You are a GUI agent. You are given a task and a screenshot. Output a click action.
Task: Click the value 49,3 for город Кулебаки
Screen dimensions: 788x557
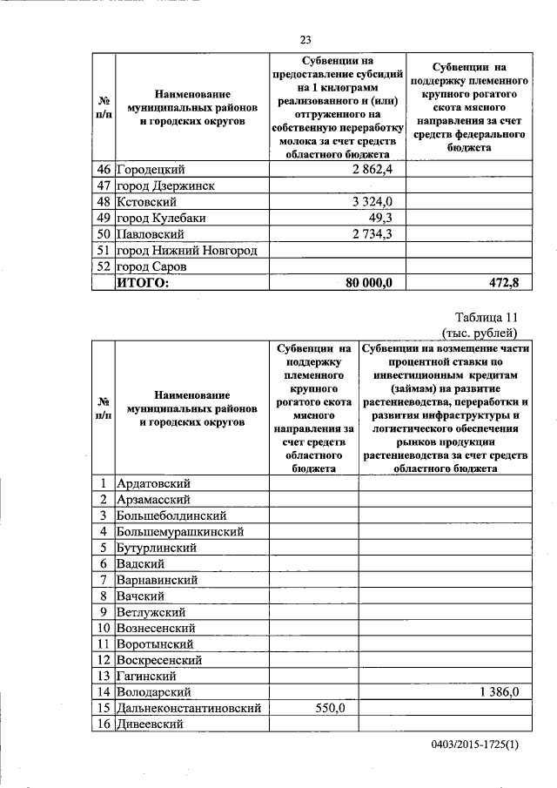coord(382,218)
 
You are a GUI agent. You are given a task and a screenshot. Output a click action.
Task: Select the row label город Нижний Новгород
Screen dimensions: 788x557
coord(187,251)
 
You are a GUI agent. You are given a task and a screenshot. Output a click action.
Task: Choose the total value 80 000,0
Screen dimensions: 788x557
coord(369,283)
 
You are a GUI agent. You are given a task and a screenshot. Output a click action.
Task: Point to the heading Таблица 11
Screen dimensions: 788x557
coord(487,317)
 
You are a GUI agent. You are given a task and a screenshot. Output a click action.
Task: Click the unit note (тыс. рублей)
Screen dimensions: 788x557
coord(480,332)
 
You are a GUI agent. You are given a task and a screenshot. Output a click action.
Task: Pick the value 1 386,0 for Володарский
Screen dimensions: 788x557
coord(499,692)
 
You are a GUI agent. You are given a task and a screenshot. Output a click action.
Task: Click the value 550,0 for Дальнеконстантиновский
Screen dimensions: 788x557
coord(330,709)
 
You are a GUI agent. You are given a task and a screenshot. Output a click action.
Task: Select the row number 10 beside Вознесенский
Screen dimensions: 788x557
coord(103,628)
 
